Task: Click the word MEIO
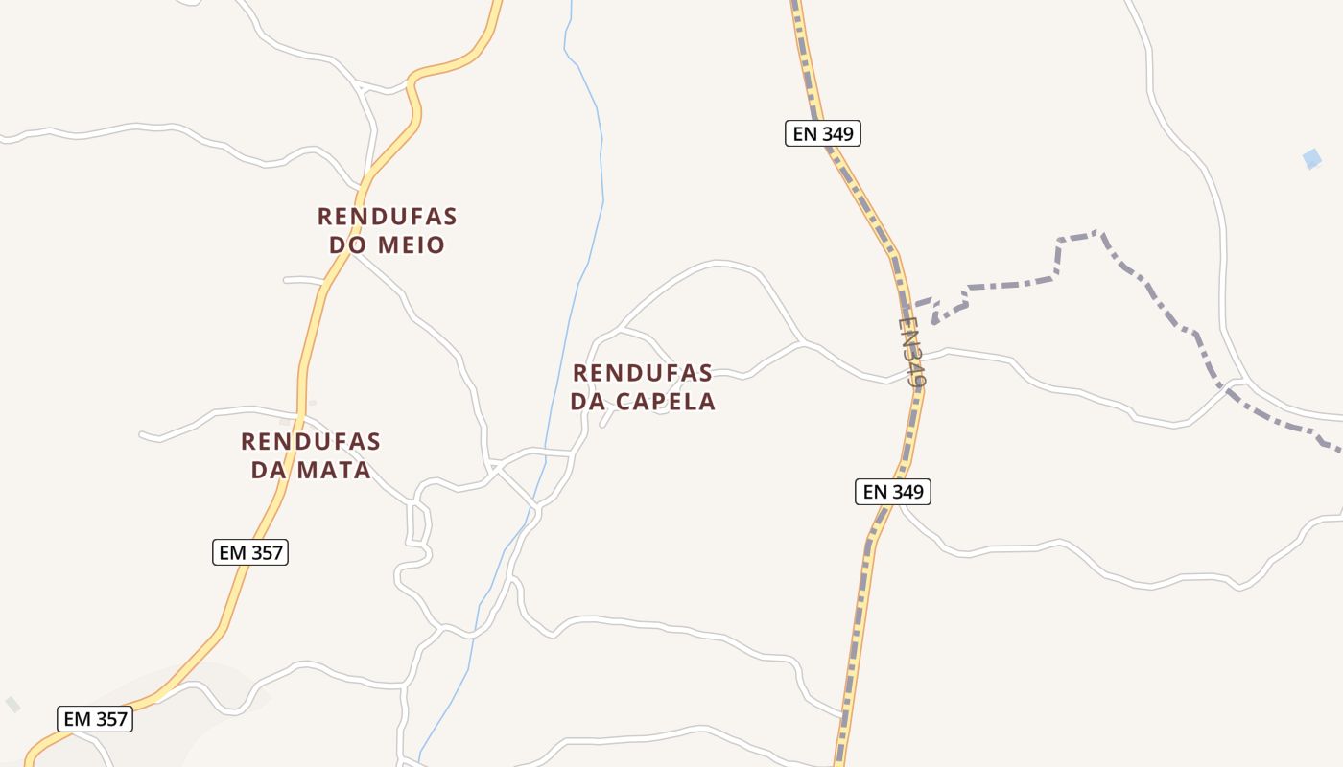pyautogui.click(x=411, y=245)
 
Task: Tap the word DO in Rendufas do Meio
pyautogui.click(x=349, y=245)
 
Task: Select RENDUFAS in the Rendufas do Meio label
pyautogui.click(x=387, y=216)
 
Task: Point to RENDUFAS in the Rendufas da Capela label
pyautogui.click(x=643, y=372)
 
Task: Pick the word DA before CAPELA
pyautogui.click(x=588, y=402)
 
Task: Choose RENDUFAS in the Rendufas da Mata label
pyautogui.click(x=310, y=442)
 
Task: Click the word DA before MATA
pyautogui.click(x=269, y=471)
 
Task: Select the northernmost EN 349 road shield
pyautogui.click(x=823, y=133)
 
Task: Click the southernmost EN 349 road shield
pyautogui.click(x=892, y=492)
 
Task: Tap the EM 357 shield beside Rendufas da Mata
pyautogui.click(x=249, y=552)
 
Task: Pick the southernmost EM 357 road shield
pyautogui.click(x=94, y=719)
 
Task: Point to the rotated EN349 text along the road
pyautogui.click(x=912, y=352)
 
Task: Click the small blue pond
pyautogui.click(x=1311, y=159)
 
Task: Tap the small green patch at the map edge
pyautogui.click(x=12, y=705)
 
